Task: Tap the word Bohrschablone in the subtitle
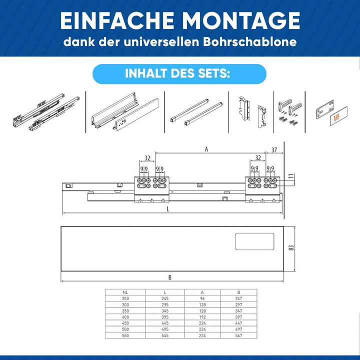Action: point(250,42)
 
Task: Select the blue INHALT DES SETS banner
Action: point(179,74)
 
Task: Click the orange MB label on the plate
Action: point(336,118)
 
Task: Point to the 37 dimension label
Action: point(274,150)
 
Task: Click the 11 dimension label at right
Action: point(291,176)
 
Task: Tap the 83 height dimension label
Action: point(291,247)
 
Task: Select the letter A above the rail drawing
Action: point(206,149)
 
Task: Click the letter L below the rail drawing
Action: point(168,209)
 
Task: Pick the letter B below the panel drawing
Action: point(170,277)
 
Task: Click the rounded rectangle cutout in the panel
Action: point(254,241)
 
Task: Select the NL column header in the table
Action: point(125,292)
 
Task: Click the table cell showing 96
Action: point(202,298)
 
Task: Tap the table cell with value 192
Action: point(202,317)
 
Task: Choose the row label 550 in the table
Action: point(125,335)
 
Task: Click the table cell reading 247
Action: point(238,298)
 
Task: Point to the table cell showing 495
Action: point(165,329)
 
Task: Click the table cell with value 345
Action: point(165,311)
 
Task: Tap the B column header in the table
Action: point(238,292)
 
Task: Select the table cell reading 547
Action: point(238,335)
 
